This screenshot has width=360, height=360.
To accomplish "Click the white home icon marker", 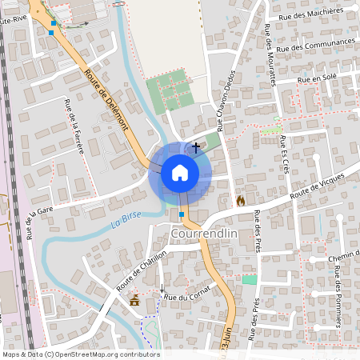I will pos(179,173).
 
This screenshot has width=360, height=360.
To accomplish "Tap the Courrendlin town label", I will pos(205,234).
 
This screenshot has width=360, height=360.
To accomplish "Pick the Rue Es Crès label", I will pos(285,154).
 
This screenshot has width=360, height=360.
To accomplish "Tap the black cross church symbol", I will pos(196,148).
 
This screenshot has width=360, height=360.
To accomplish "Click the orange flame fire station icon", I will pos(240,201).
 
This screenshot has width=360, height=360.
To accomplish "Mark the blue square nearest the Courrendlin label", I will pos(182,215).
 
